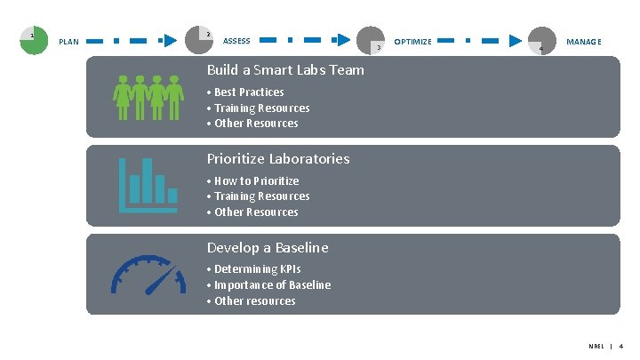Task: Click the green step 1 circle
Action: tap(34, 40)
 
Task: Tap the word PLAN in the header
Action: tap(68, 42)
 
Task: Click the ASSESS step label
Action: tap(236, 41)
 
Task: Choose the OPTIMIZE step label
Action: tap(412, 42)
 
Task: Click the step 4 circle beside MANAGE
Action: tap(541, 41)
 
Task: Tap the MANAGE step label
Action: tap(584, 42)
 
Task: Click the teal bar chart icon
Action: tap(148, 185)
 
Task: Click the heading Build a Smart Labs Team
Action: tap(285, 70)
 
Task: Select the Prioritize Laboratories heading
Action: tap(278, 159)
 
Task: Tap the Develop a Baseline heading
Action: tap(268, 248)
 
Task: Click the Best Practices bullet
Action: tap(249, 92)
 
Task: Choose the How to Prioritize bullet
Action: tap(256, 181)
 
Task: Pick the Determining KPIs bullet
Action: tap(257, 269)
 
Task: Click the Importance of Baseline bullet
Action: tap(272, 285)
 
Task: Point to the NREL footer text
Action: tap(596, 346)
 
